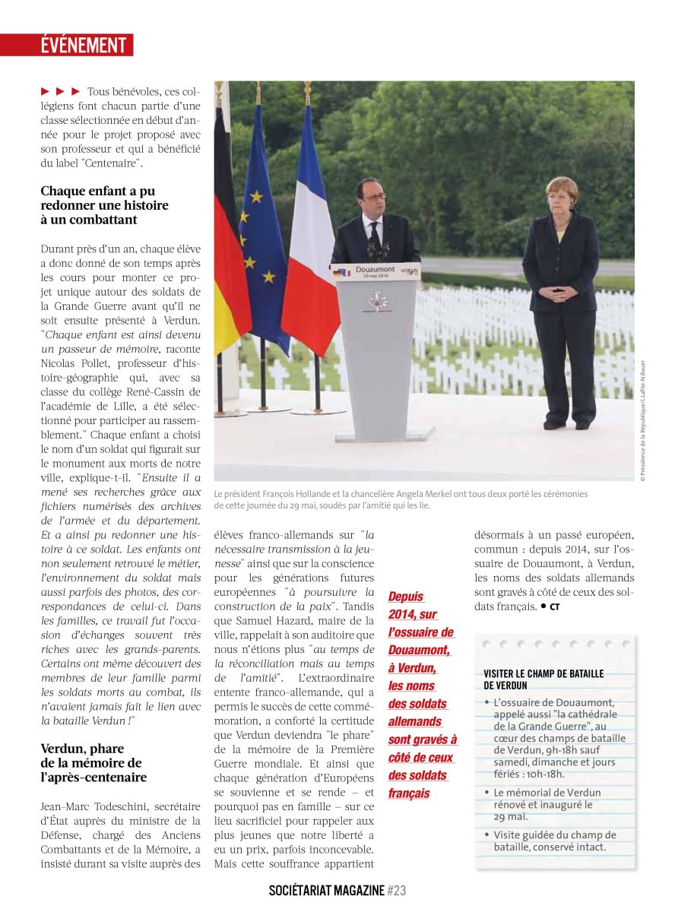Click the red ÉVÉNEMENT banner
84,46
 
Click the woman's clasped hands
561,293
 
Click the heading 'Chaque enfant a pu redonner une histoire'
105,205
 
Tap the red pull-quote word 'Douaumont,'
420,650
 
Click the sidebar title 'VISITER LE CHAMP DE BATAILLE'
543,674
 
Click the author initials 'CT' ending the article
554,607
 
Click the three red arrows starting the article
60,92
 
